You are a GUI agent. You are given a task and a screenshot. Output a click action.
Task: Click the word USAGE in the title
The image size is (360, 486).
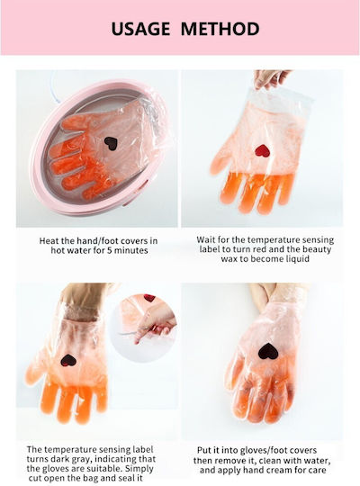click(140, 29)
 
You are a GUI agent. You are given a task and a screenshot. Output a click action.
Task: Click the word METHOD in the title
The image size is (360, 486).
click(220, 29)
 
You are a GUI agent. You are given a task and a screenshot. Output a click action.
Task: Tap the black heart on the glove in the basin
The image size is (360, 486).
click(111, 143)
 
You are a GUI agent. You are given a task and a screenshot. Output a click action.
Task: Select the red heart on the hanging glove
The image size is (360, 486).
click(262, 151)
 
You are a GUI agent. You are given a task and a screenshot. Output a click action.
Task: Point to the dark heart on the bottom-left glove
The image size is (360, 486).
click(68, 361)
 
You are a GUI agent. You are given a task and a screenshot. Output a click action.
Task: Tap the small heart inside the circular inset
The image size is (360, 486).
click(149, 298)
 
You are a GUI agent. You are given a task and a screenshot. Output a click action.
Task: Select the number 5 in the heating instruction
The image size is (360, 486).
click(109, 250)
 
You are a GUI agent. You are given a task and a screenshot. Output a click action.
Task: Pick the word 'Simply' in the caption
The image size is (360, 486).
click(139, 469)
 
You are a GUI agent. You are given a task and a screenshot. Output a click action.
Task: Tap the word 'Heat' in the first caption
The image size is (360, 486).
click(48, 241)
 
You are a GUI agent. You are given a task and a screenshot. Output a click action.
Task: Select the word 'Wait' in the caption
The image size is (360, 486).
click(205, 240)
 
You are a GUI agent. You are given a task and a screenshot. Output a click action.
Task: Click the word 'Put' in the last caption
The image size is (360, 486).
click(203, 450)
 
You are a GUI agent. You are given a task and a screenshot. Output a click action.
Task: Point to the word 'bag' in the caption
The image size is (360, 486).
click(94, 478)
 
